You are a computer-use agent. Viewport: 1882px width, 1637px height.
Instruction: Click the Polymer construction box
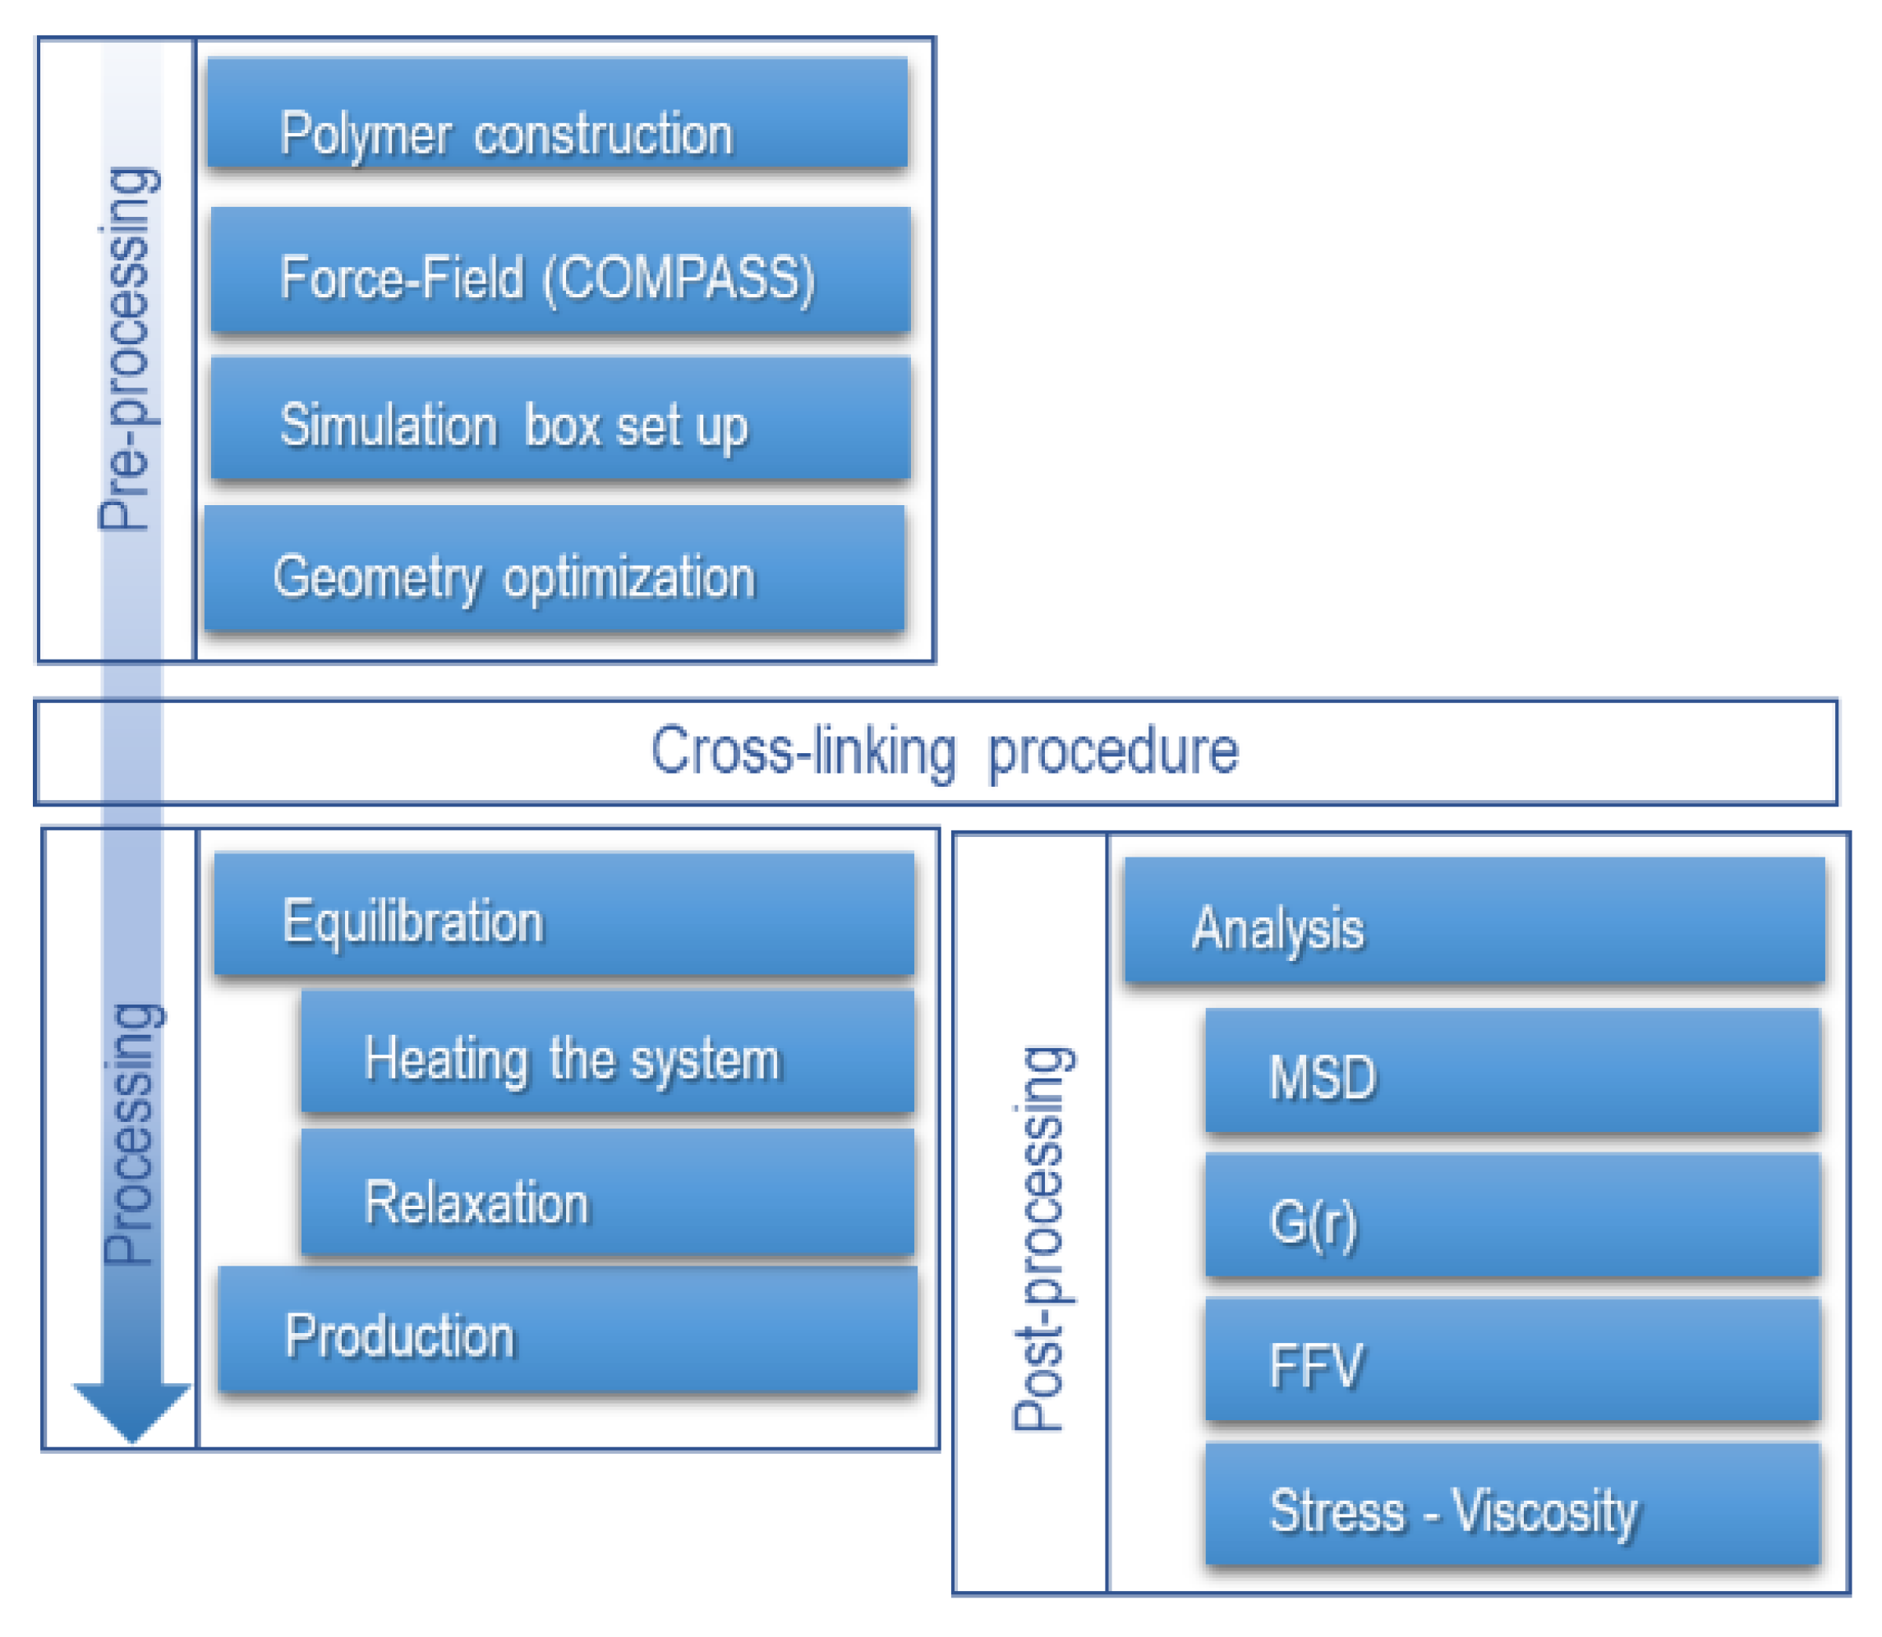[557, 114]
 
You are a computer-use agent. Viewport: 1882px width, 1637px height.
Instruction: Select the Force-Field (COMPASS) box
[560, 271]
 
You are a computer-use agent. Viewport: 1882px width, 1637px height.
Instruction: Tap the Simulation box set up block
[560, 419]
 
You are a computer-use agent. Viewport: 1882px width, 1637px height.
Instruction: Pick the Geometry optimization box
[554, 570]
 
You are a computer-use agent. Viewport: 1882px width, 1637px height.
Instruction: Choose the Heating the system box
[608, 1053]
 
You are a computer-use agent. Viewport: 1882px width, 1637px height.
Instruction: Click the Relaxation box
[608, 1195]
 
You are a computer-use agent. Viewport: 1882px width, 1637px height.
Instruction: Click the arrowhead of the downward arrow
[131, 1411]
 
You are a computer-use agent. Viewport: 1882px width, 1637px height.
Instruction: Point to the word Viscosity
[1546, 1513]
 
